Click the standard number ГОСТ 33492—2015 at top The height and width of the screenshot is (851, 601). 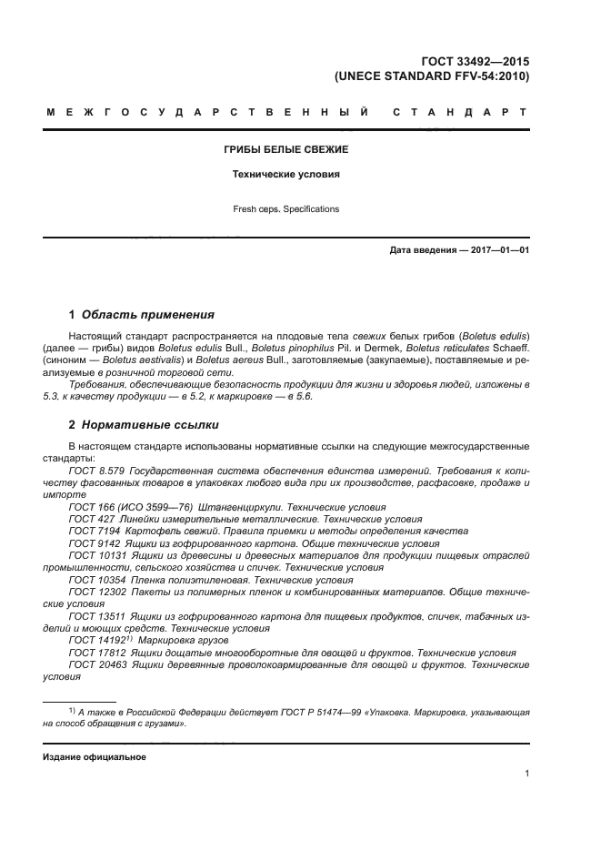coord(476,61)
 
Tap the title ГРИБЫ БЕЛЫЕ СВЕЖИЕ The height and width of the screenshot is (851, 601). coord(286,148)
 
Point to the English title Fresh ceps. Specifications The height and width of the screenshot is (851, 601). coord(286,209)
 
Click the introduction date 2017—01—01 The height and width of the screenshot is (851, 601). coord(495,250)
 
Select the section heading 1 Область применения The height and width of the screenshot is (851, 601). coord(141,315)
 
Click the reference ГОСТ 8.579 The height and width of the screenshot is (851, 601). coord(97,471)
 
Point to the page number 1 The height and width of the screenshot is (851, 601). coord(526,774)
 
